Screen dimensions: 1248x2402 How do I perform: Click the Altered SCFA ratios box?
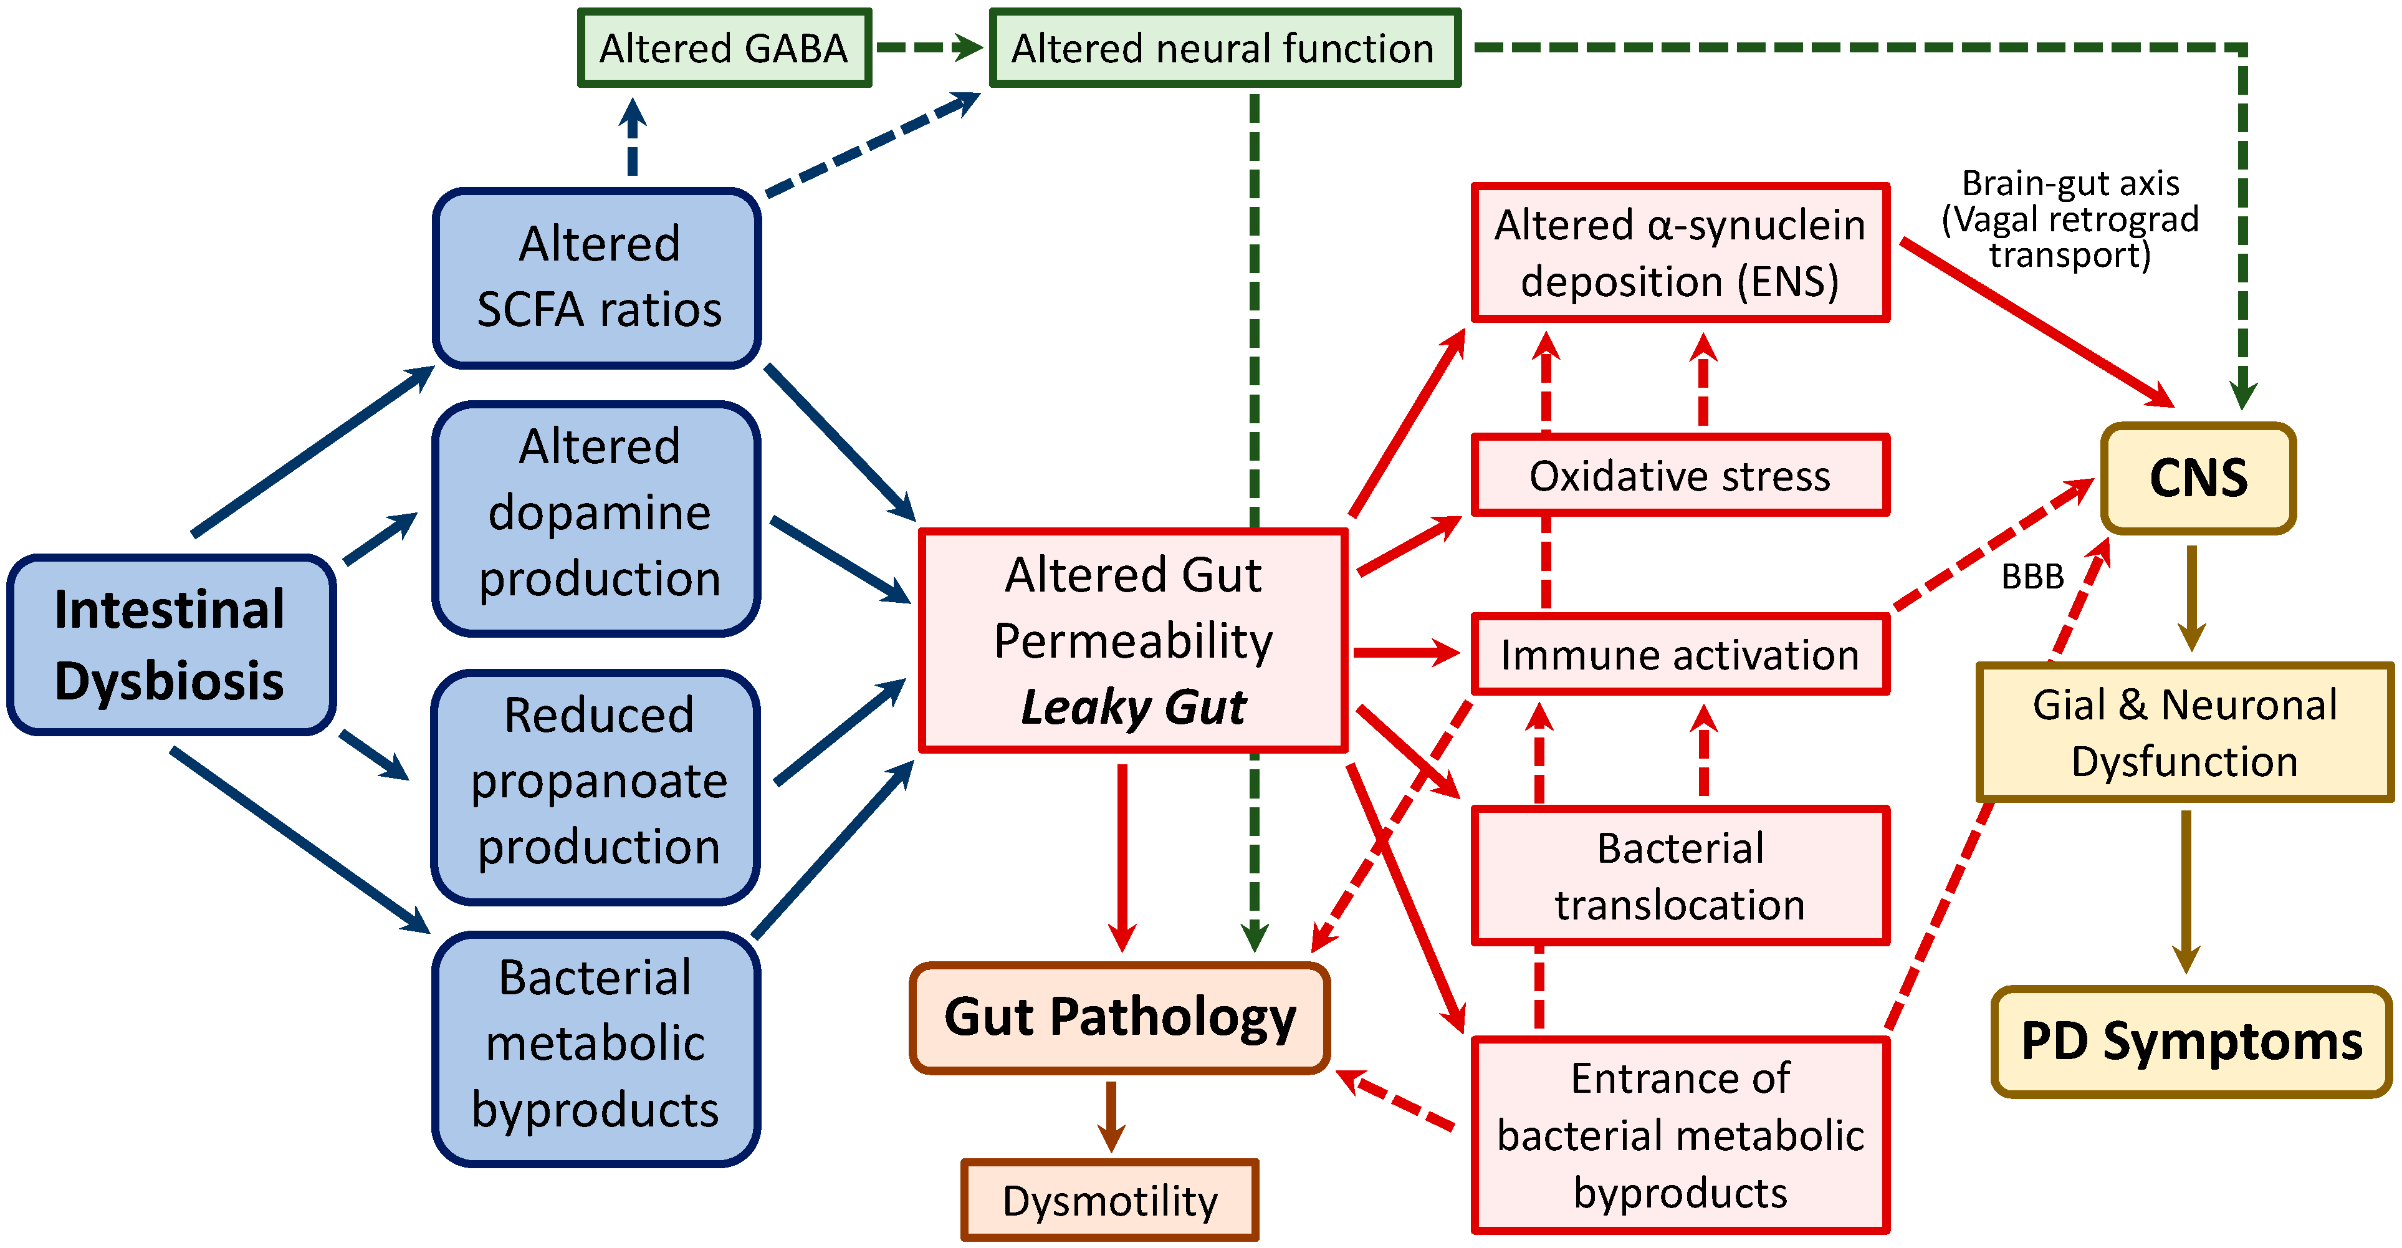[598, 277]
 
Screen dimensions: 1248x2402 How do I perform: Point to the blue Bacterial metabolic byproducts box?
[597, 1045]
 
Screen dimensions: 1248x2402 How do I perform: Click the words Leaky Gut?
[1133, 707]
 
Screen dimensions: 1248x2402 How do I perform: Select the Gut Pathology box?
[1119, 1017]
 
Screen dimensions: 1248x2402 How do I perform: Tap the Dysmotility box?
[1109, 1201]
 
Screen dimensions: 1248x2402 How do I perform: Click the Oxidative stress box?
[1680, 476]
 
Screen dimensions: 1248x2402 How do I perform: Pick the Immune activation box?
[1680, 655]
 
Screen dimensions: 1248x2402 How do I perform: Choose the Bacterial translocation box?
[1680, 876]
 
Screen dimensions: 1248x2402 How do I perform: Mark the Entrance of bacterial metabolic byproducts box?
[1680, 1135]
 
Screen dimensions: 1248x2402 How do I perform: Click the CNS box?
[2198, 479]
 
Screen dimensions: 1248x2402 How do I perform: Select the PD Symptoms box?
[2191, 1041]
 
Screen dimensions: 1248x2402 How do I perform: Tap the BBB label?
[2033, 577]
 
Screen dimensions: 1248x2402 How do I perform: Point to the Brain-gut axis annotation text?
[2070, 219]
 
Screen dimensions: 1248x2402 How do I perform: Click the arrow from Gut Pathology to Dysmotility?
[1111, 1116]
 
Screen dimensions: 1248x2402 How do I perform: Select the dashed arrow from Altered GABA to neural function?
[928, 47]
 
